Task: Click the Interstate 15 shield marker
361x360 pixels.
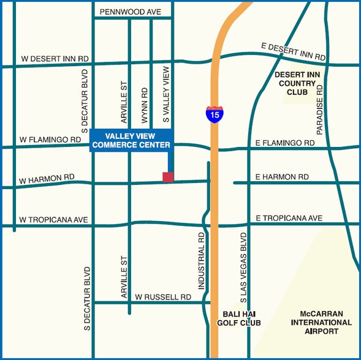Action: pyautogui.click(x=214, y=113)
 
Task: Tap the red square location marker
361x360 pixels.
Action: pyautogui.click(x=168, y=177)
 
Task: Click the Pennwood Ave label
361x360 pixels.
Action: pyautogui.click(x=130, y=12)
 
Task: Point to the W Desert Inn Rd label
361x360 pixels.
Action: pyautogui.click(x=55, y=59)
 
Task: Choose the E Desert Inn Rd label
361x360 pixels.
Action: pyautogui.click(x=293, y=51)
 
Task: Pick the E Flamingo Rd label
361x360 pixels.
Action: pyautogui.click(x=285, y=143)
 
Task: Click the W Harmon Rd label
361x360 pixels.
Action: pyautogui.click(x=47, y=179)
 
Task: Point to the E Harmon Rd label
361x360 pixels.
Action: pyautogui.click(x=282, y=177)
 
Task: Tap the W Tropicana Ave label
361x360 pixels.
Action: pyautogui.click(x=54, y=219)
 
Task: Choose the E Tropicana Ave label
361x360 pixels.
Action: pyautogui.click(x=289, y=218)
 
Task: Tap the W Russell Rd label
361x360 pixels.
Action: pyautogui.click(x=163, y=296)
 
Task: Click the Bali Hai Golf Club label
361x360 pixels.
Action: pyautogui.click(x=239, y=318)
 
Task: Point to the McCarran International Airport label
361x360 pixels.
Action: pyautogui.click(x=321, y=322)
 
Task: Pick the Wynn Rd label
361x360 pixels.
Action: pyautogui.click(x=145, y=103)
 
